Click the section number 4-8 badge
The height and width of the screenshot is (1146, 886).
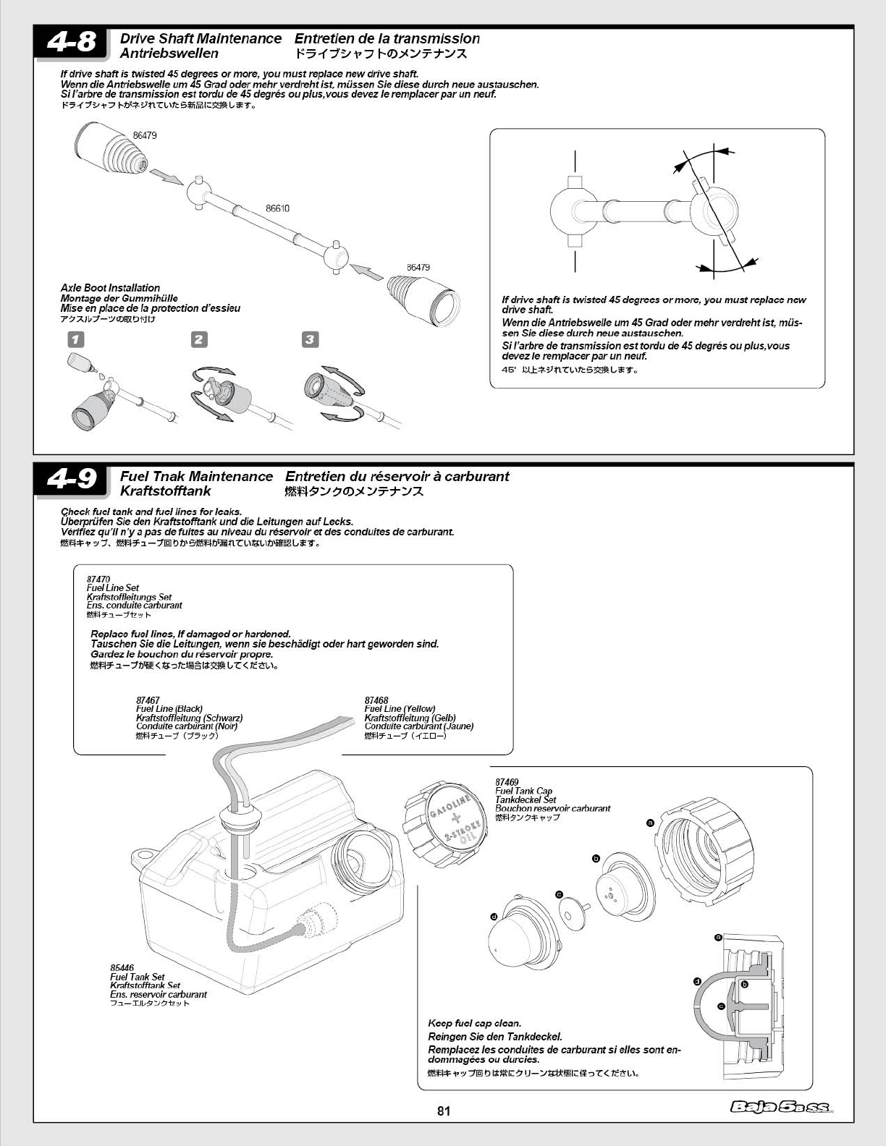(x=71, y=43)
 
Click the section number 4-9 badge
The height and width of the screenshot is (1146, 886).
(x=71, y=480)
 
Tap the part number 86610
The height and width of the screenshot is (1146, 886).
(x=277, y=208)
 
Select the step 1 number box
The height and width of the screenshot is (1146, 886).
(x=75, y=339)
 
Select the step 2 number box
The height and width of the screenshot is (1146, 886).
(x=199, y=339)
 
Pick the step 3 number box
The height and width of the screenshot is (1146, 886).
(x=310, y=339)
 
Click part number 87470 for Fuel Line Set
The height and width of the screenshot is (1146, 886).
(x=98, y=580)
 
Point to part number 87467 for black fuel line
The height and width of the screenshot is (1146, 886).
(x=148, y=700)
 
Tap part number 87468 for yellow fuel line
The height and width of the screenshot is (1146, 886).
(x=376, y=700)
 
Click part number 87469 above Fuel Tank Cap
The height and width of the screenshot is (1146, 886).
(x=507, y=782)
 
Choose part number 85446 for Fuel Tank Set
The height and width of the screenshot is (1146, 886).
(x=122, y=968)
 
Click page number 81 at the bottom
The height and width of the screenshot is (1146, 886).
(x=444, y=1111)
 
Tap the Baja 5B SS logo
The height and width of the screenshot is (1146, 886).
(x=780, y=1107)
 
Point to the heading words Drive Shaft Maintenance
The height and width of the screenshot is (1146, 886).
(x=201, y=38)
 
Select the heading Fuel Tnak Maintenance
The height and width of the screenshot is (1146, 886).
(x=196, y=476)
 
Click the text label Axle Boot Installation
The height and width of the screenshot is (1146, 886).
(x=110, y=288)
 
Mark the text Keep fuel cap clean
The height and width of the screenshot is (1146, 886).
(x=474, y=1023)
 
